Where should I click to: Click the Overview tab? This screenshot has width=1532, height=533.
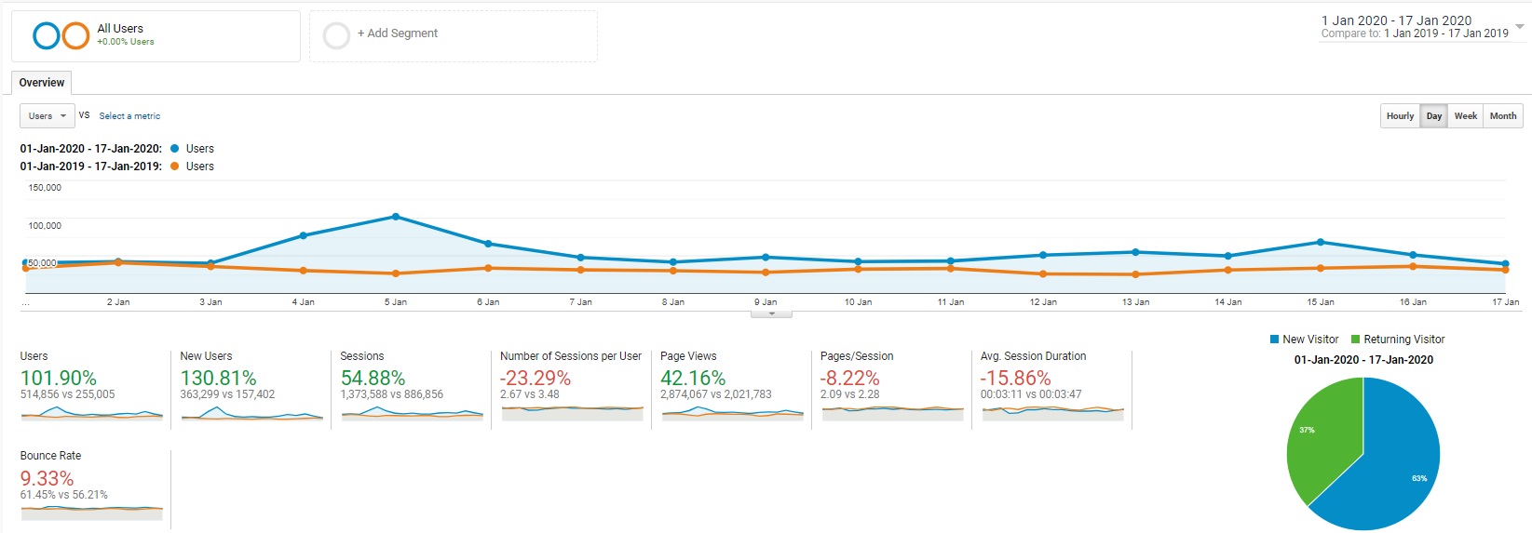(42, 83)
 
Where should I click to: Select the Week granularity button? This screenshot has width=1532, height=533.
(1465, 116)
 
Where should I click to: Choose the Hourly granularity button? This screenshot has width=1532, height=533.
(1400, 116)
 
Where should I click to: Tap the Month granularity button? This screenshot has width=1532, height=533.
(1502, 116)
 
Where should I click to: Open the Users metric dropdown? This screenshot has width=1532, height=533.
(47, 116)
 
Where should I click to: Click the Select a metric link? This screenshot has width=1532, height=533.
(129, 116)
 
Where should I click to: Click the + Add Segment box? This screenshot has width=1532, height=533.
(454, 35)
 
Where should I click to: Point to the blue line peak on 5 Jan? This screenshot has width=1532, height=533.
(395, 217)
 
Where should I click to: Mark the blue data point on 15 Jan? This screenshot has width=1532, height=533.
(1321, 242)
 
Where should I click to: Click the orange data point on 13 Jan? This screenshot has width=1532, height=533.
(1135, 274)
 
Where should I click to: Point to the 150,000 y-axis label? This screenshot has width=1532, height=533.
(45, 187)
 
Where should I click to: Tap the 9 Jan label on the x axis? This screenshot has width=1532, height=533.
(766, 302)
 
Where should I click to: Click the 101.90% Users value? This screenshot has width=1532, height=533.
(58, 378)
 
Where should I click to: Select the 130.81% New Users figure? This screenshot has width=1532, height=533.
(218, 378)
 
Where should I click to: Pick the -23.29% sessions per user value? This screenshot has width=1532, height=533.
(535, 378)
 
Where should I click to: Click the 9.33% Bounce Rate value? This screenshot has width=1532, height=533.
(47, 477)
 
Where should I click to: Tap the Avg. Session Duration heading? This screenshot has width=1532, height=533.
(1033, 356)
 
